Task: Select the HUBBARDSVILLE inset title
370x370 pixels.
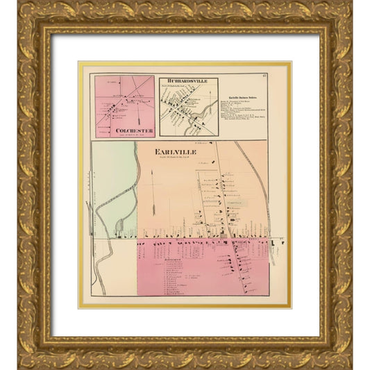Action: point(188,81)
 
